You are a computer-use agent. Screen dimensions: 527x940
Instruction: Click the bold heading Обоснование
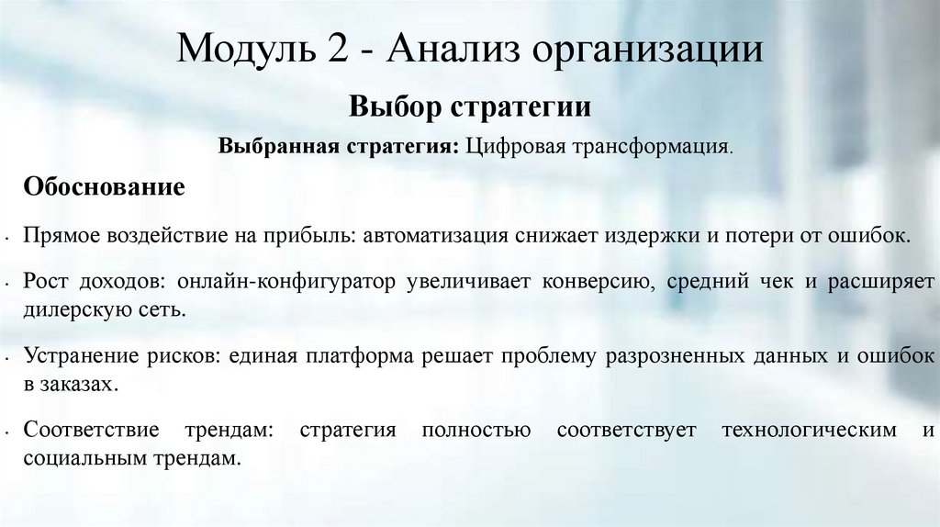[x=104, y=187]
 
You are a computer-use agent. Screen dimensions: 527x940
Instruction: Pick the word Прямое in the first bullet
[x=62, y=234]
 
